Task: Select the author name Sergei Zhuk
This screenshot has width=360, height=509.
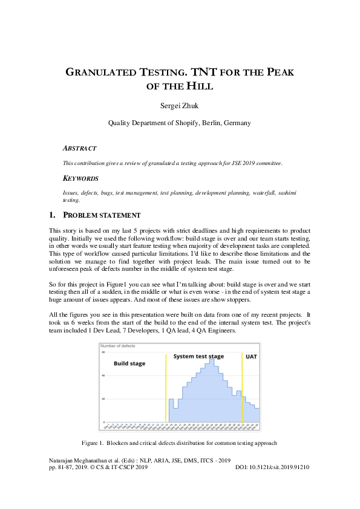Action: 180,106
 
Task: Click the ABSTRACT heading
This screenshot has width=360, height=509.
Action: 79,148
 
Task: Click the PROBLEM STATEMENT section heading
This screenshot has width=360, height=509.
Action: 102,215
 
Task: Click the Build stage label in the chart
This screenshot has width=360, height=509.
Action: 130,364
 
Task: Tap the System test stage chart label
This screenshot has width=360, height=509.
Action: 198,357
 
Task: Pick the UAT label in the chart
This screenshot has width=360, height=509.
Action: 251,357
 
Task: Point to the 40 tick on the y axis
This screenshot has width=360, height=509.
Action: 103,375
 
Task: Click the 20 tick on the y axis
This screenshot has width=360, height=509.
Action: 103,399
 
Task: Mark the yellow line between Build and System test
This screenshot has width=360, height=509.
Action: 165,387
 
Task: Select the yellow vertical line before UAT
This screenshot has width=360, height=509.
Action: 242,387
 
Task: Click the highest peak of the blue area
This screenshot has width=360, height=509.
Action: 212,360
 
